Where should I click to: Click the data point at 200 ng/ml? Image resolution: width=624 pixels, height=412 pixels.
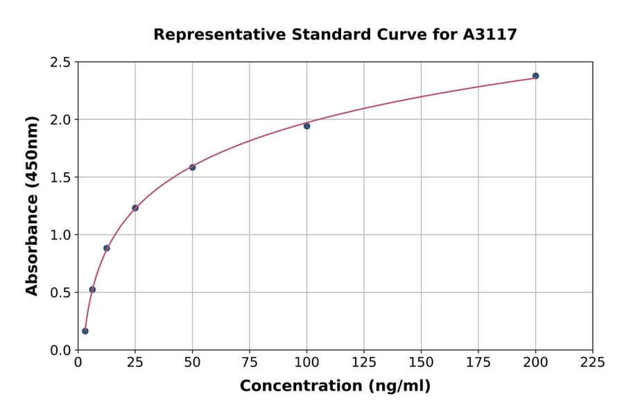pyautogui.click(x=535, y=76)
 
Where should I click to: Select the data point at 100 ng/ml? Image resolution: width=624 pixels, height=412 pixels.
pyautogui.click(x=306, y=126)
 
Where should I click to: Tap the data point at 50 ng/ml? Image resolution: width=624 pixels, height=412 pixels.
pyautogui.click(x=192, y=167)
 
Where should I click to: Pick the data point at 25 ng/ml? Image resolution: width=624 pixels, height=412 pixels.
pyautogui.click(x=135, y=207)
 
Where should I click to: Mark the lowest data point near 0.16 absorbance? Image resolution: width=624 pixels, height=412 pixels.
pyautogui.click(x=85, y=331)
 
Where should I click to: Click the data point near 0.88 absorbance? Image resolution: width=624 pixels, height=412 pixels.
pyautogui.click(x=106, y=248)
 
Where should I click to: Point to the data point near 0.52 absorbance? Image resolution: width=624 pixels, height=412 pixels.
pyautogui.click(x=92, y=289)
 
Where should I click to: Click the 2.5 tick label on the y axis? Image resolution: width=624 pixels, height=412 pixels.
pyautogui.click(x=60, y=62)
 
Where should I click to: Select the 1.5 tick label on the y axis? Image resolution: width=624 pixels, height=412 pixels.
pyautogui.click(x=60, y=178)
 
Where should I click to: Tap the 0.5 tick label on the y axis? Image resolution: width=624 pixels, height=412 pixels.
pyautogui.click(x=60, y=293)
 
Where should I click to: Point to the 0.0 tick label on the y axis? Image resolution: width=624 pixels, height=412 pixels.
pyautogui.click(x=60, y=350)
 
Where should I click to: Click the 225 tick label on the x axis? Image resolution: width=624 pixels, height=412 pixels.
pyautogui.click(x=592, y=363)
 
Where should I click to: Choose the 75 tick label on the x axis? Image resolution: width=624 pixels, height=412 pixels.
pyautogui.click(x=250, y=363)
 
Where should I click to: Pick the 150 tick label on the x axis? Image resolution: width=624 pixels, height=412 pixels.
pyautogui.click(x=421, y=363)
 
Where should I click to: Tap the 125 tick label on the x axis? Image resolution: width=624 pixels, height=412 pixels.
pyautogui.click(x=364, y=363)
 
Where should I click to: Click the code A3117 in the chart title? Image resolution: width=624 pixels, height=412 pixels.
pyautogui.click(x=489, y=34)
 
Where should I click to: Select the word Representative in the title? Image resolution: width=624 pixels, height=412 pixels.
pyautogui.click(x=207, y=34)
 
